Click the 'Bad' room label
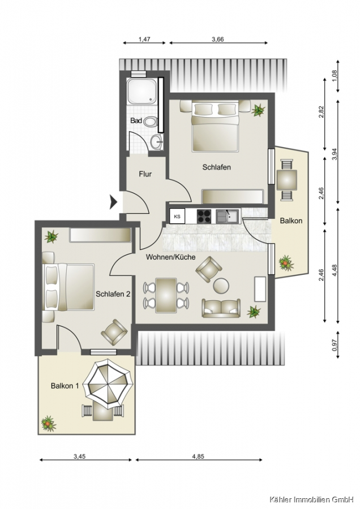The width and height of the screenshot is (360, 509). point(136,120)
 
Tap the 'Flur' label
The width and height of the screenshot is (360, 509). point(145,174)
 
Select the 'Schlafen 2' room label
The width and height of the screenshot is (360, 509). point(113,294)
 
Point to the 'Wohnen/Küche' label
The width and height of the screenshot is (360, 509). point(170,257)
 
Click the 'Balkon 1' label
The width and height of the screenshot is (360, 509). point(65,386)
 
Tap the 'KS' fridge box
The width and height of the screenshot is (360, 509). point(177,217)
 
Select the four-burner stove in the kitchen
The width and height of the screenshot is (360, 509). point(204,216)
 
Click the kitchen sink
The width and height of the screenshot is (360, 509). point(228,216)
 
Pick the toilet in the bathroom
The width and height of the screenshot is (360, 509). point(150,123)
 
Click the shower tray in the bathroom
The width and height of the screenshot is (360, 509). point(142,91)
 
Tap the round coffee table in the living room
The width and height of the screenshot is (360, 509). point(221,286)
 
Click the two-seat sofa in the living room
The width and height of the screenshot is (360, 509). point(221,308)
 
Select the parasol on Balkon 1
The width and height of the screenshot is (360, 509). point(108,383)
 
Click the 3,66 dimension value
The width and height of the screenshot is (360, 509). point(218,40)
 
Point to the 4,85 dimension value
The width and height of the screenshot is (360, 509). point(198,456)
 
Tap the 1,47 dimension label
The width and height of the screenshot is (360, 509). point(144,40)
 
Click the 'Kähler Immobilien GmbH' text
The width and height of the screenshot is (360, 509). point(311,499)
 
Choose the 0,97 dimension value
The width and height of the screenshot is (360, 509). point(335,345)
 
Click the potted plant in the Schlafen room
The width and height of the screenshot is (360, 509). point(258,110)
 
